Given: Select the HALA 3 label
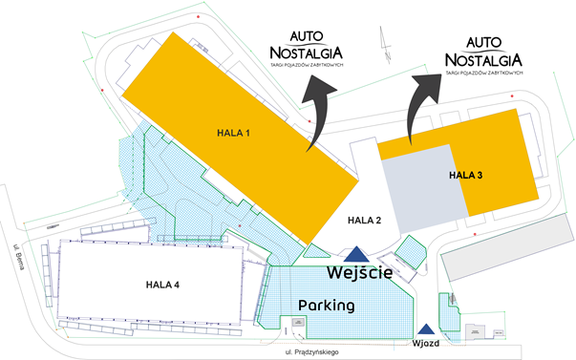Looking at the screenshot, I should tap(466, 175).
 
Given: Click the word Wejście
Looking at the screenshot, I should tap(359, 273).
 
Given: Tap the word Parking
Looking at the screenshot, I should tap(327, 307).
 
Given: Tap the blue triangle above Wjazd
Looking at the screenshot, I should tap(425, 328).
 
